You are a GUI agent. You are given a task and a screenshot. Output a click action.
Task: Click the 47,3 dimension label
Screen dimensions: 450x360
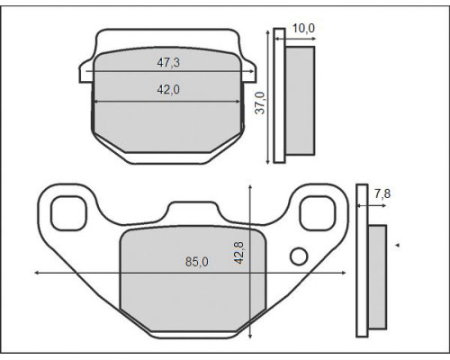click(168, 62)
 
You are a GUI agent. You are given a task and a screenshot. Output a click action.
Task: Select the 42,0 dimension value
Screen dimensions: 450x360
click(168, 89)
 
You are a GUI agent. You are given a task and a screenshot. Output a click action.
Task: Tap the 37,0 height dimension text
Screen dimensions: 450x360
click(260, 103)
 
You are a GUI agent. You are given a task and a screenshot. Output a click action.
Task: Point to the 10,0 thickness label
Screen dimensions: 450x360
click(303, 28)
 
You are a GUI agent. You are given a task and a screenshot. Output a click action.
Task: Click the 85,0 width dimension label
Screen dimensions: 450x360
click(197, 262)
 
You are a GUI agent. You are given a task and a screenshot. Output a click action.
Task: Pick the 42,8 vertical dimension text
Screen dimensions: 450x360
click(239, 253)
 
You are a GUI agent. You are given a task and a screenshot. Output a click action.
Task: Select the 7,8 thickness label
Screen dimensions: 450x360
click(382, 193)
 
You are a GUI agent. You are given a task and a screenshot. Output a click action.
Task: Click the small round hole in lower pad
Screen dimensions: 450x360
click(299, 256)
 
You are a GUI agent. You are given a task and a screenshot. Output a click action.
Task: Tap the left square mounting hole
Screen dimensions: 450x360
click(68, 213)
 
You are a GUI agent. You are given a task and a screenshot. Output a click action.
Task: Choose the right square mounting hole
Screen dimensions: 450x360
click(318, 213)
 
